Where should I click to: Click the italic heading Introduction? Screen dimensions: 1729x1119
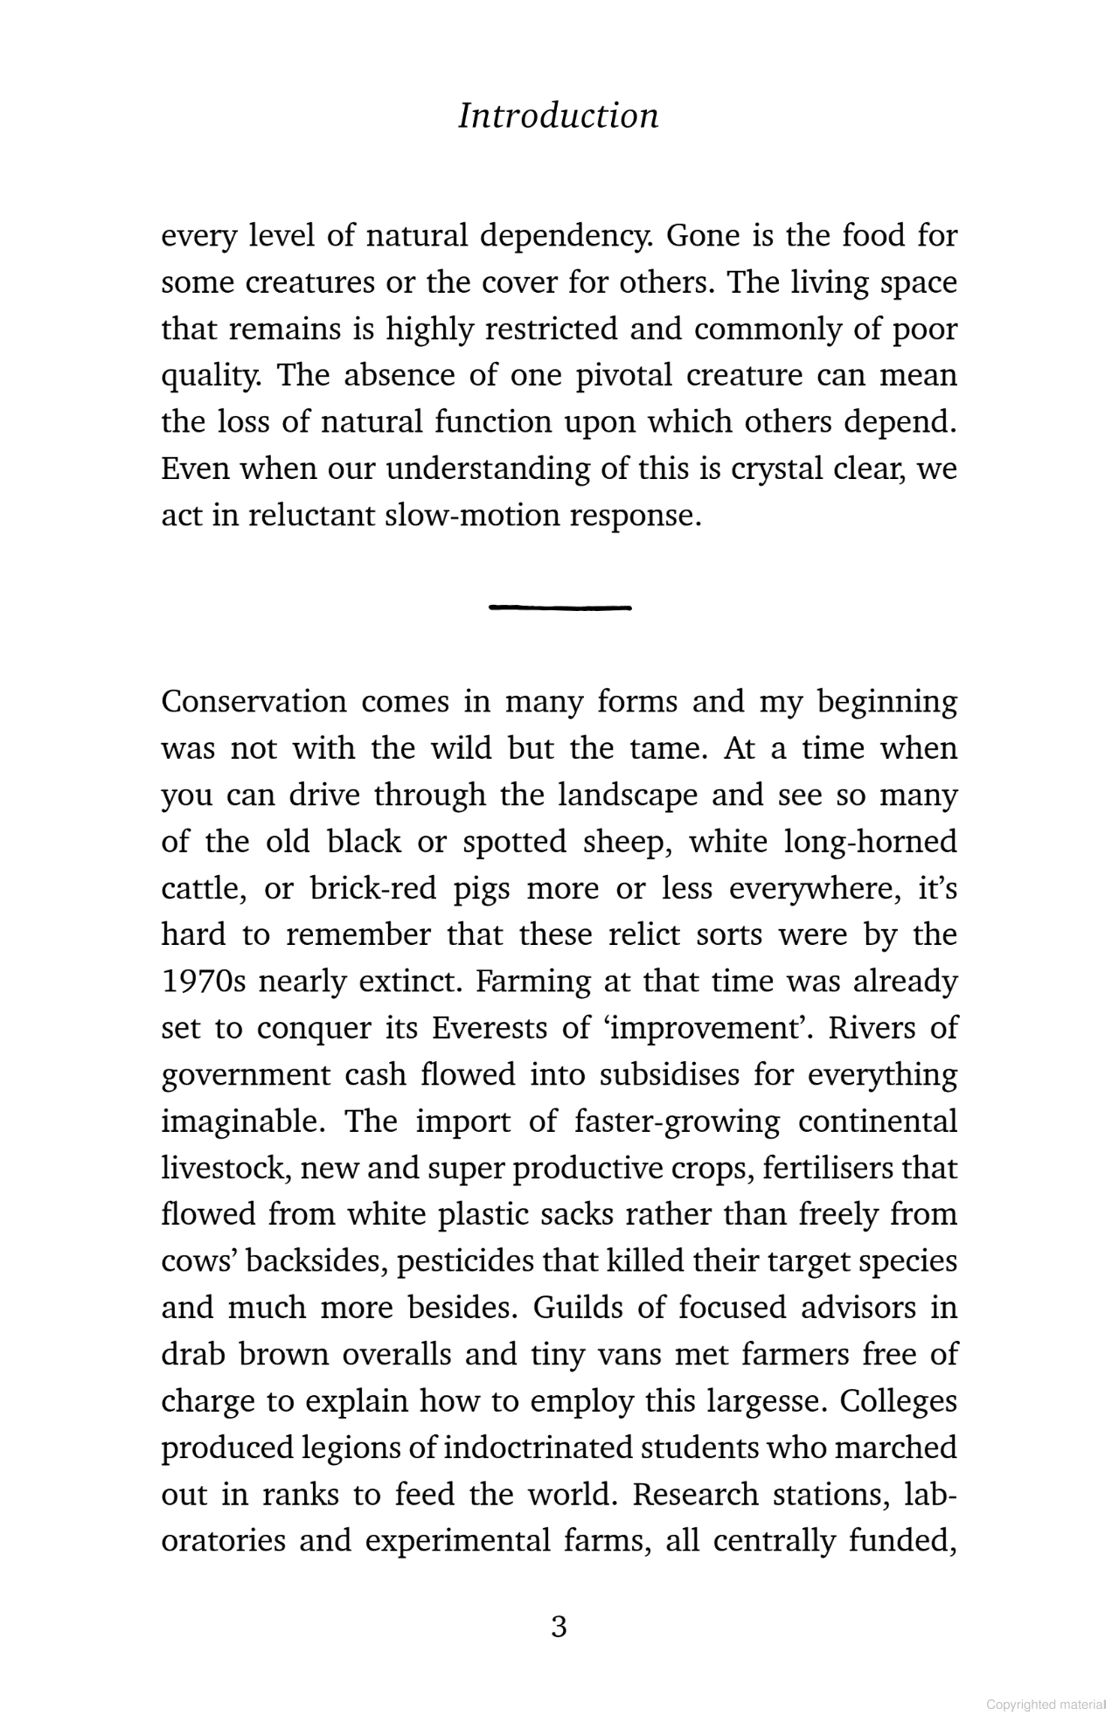559,115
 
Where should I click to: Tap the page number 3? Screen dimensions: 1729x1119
559,1627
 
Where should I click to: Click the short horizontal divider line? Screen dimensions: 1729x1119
560,607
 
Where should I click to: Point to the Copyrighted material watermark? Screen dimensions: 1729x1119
1046,1704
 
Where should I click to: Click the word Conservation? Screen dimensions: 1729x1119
254,702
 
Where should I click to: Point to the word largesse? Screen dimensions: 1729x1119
760,1401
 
